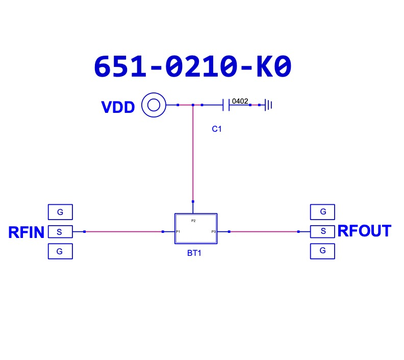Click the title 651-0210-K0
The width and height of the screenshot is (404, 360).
click(x=192, y=67)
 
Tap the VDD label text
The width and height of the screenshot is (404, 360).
click(x=118, y=107)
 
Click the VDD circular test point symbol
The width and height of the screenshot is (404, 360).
click(x=153, y=105)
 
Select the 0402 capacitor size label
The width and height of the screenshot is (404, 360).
click(x=240, y=101)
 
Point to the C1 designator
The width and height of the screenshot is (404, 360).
click(x=217, y=129)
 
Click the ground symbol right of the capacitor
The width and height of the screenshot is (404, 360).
click(x=268, y=105)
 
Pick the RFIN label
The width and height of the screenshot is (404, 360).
click(x=27, y=232)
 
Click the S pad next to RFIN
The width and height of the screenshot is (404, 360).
click(x=60, y=232)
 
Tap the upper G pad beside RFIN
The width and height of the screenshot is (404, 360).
click(x=60, y=211)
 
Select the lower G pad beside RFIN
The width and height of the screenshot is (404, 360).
click(x=60, y=251)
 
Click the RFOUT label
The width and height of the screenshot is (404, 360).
click(x=364, y=231)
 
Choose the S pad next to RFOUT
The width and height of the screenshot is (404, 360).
click(x=322, y=231)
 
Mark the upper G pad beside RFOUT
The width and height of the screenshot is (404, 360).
click(x=322, y=211)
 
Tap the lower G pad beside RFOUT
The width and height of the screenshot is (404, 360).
click(x=322, y=251)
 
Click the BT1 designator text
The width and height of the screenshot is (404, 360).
click(x=194, y=253)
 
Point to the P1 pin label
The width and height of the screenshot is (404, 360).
click(x=178, y=232)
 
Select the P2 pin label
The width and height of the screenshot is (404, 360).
click(x=193, y=221)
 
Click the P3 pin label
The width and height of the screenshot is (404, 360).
click(x=214, y=232)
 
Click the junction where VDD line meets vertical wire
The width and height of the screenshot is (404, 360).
click(x=193, y=105)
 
